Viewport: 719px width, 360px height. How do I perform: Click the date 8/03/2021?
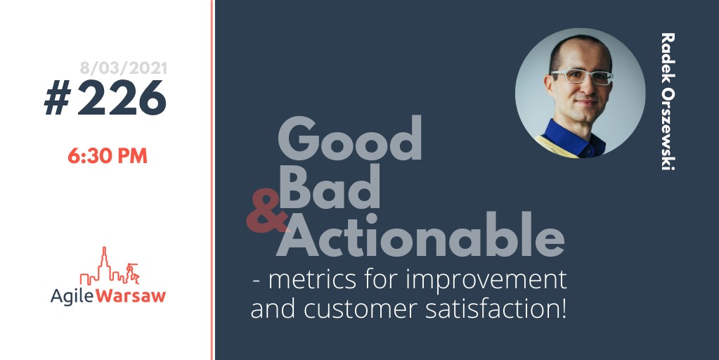[124, 68]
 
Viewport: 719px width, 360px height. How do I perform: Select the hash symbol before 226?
[58, 98]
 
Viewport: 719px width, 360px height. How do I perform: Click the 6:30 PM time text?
[108, 156]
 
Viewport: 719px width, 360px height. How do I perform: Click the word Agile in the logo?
[72, 296]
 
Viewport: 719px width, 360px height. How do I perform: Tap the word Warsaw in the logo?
[131, 295]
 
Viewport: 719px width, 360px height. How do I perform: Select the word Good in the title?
[349, 138]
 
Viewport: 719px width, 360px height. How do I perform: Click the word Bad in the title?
[329, 186]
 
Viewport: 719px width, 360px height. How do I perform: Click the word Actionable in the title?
[420, 234]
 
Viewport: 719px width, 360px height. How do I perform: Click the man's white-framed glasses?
[581, 76]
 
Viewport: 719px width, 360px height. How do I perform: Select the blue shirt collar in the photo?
[574, 138]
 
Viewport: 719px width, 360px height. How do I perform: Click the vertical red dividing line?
[212, 180]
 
